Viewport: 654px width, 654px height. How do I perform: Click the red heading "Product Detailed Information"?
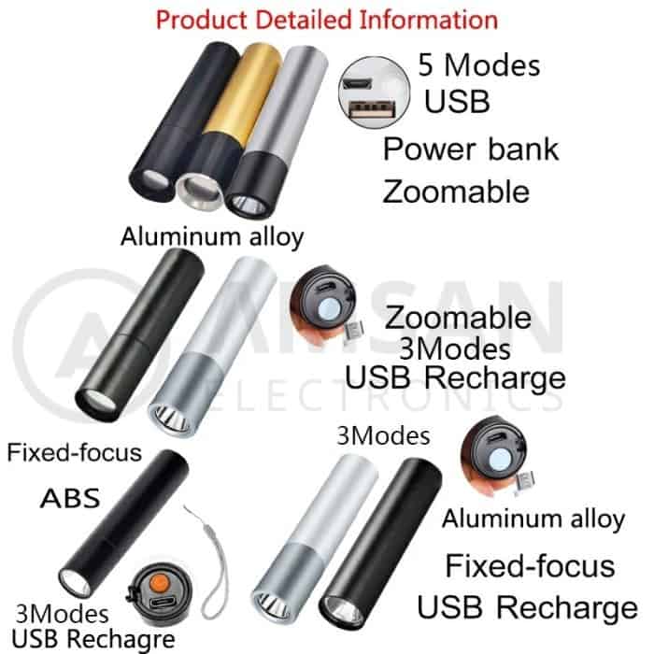tap(327, 20)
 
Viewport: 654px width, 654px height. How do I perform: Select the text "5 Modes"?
tap(478, 65)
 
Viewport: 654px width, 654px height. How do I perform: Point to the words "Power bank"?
tap(471, 149)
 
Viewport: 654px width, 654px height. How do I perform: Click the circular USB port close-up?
tap(374, 92)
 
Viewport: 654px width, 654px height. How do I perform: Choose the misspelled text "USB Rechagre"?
tap(93, 638)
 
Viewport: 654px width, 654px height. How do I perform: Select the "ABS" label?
tap(70, 498)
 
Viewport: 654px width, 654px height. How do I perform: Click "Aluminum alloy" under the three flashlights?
tap(212, 237)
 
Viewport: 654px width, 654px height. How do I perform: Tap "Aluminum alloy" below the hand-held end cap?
tap(533, 519)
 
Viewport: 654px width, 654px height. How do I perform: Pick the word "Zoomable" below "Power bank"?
tap(456, 192)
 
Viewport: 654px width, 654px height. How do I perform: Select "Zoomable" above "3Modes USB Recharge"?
tap(458, 318)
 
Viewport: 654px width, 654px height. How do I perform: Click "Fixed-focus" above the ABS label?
tap(74, 452)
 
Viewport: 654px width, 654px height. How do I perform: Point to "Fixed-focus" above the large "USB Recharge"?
tap(530, 566)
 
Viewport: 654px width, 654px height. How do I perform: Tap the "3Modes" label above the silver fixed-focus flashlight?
tap(383, 436)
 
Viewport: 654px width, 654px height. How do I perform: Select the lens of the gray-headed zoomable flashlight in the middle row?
tap(171, 418)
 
